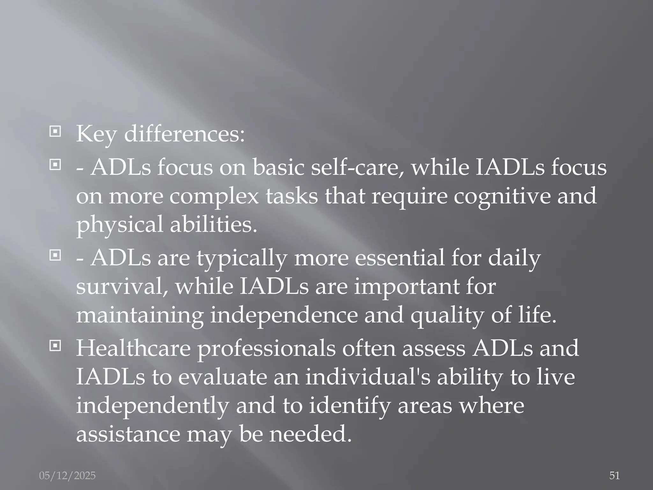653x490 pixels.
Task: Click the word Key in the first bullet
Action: point(96,134)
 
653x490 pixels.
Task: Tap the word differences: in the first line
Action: point(184,134)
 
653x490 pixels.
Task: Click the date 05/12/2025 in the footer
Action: point(67,476)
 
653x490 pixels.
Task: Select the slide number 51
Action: point(614,476)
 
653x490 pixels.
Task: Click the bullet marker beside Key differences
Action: point(55,131)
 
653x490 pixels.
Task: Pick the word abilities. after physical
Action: point(213,224)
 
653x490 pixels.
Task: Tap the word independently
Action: point(152,406)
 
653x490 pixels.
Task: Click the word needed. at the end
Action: point(310,434)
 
